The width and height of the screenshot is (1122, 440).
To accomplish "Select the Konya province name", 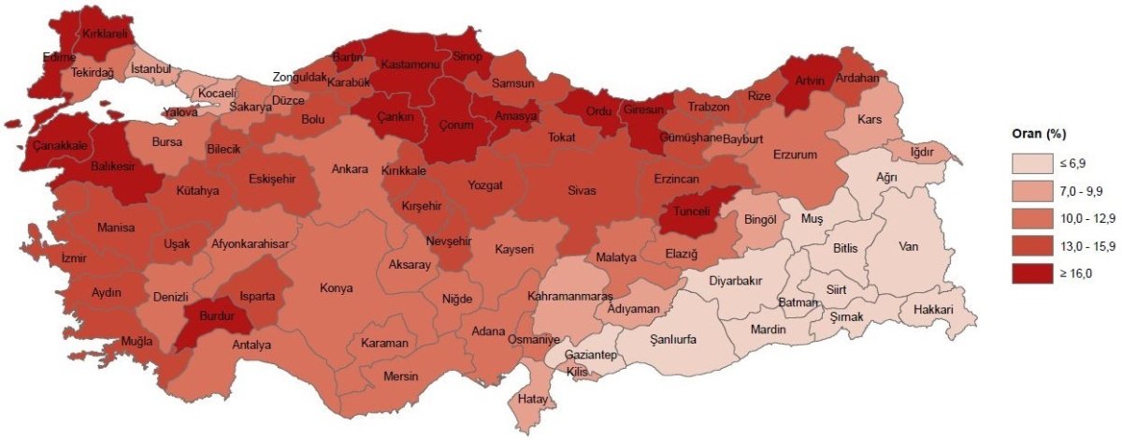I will [336, 287].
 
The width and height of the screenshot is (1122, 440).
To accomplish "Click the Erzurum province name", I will [796, 154].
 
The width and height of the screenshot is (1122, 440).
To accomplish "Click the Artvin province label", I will [809, 81].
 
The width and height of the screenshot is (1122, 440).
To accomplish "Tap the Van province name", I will [907, 247].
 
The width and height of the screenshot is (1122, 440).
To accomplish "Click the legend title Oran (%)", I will [1037, 132].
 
